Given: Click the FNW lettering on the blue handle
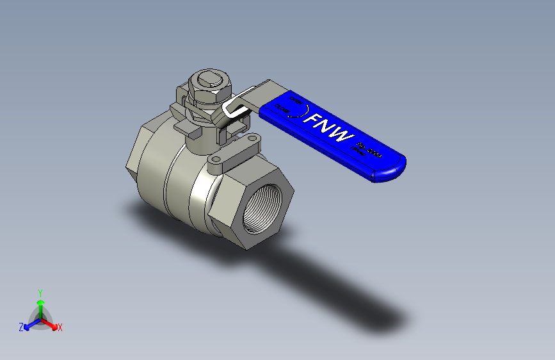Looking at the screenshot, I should tap(328, 128).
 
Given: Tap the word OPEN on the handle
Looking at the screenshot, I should tap(297, 101).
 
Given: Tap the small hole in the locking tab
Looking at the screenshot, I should tap(253, 138).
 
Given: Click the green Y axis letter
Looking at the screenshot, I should tap(40, 292).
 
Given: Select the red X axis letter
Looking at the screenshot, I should tap(60, 327).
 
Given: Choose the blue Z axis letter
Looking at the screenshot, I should tap(21, 327).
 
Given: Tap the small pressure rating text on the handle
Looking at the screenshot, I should tap(367, 152).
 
